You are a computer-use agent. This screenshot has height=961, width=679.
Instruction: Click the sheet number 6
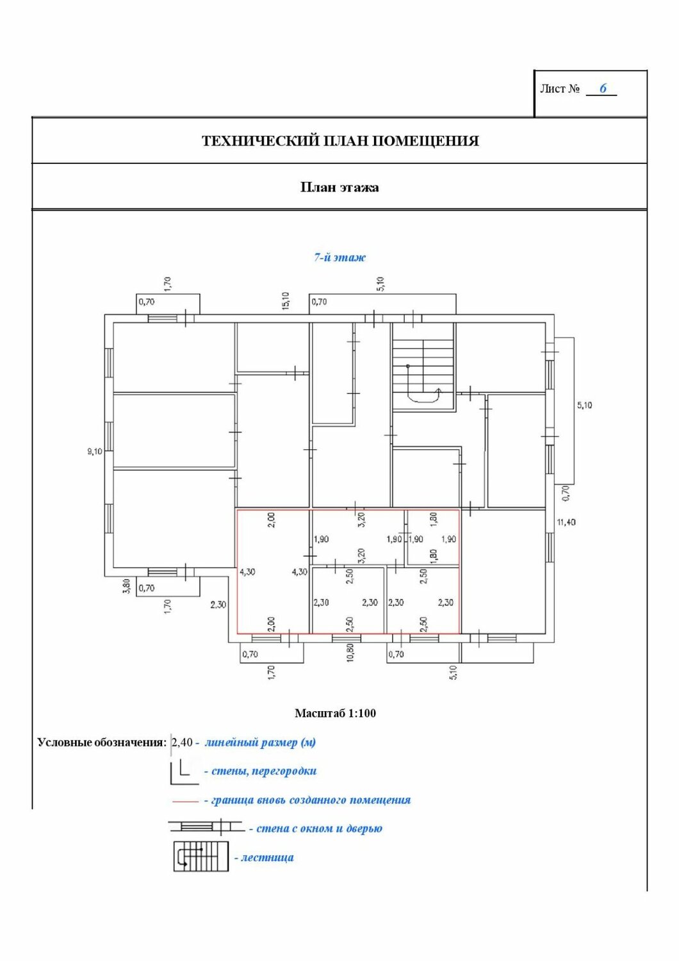pos(603,88)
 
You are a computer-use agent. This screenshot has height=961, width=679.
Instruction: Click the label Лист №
pos(560,89)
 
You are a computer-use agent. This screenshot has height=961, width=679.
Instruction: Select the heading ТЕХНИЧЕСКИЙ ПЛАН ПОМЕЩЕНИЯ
pos(340,141)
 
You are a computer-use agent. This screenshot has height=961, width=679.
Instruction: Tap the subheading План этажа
pos(339,188)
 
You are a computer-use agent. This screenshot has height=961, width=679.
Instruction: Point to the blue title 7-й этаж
pos(339,258)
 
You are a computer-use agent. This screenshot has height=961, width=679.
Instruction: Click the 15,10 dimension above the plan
pos(286,300)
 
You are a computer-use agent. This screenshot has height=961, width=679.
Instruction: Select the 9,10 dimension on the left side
pos(95,452)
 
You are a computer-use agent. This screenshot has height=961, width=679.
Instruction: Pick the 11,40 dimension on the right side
pos(566,522)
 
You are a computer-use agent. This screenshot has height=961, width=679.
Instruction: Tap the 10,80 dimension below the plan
pos(350,652)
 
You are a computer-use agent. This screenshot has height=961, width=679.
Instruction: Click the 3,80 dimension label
pos(127,586)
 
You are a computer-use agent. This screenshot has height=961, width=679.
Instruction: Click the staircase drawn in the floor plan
pos(423,365)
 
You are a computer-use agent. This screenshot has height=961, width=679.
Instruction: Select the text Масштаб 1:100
pos(335,713)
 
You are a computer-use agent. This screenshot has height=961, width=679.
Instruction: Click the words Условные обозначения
pos(102,743)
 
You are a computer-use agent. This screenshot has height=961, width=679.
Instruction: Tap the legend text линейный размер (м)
pos(260,743)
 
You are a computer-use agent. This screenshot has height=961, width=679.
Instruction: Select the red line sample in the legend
pos(185,801)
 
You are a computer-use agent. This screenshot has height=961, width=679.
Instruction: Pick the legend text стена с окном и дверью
pos(319,828)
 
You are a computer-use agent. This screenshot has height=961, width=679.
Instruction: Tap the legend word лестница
pos(267,857)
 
